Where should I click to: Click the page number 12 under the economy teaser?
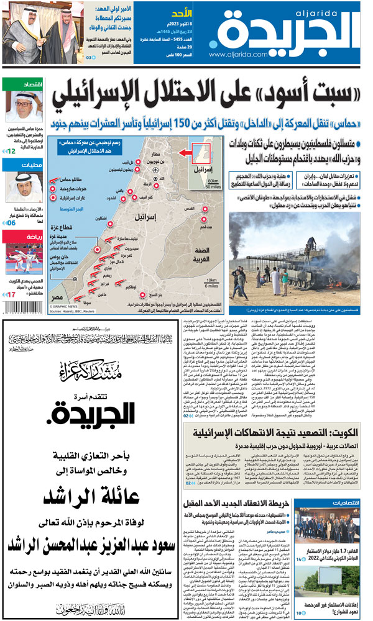point(10,150)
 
